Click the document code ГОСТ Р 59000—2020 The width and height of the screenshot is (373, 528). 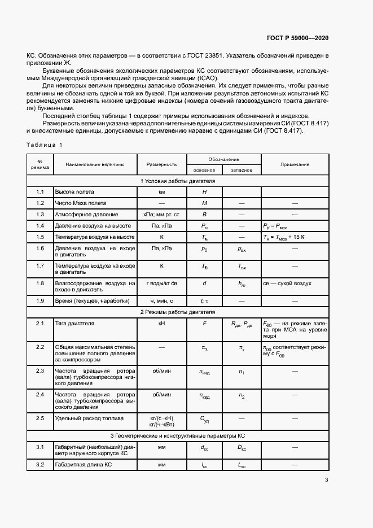(x=297, y=38)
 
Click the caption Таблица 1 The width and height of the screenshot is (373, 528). (x=45, y=146)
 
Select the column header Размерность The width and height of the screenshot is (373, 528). (x=162, y=164)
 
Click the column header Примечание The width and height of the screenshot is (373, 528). (x=295, y=164)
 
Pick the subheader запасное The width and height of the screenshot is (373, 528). (x=242, y=169)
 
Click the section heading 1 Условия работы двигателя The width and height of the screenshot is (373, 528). (x=178, y=181)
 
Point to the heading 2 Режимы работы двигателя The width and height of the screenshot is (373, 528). (x=178, y=312)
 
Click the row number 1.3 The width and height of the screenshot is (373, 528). (x=40, y=215)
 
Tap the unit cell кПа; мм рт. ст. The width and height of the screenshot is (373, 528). (x=162, y=215)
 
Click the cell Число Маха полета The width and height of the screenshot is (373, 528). (x=80, y=203)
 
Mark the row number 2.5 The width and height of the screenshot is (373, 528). (x=40, y=418)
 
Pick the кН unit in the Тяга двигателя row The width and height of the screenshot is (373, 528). (x=162, y=324)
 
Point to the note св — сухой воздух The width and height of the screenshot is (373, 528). (x=287, y=283)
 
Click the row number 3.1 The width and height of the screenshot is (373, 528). (x=40, y=447)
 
